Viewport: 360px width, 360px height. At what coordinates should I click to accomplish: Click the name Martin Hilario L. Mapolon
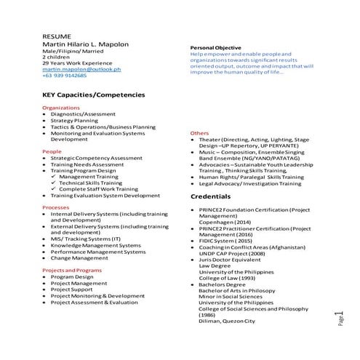click(86, 44)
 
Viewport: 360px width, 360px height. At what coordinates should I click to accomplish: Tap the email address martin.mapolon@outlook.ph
click(81, 68)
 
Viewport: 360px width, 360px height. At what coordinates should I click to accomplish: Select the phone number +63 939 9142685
click(64, 75)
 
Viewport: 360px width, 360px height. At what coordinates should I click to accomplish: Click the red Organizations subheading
click(61, 107)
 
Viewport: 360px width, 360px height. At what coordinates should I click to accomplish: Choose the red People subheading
click(52, 151)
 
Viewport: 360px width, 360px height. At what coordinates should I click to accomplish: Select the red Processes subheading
click(56, 207)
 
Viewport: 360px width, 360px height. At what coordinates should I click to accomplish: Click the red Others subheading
click(199, 134)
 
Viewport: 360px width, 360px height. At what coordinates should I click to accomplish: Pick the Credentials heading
click(210, 197)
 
